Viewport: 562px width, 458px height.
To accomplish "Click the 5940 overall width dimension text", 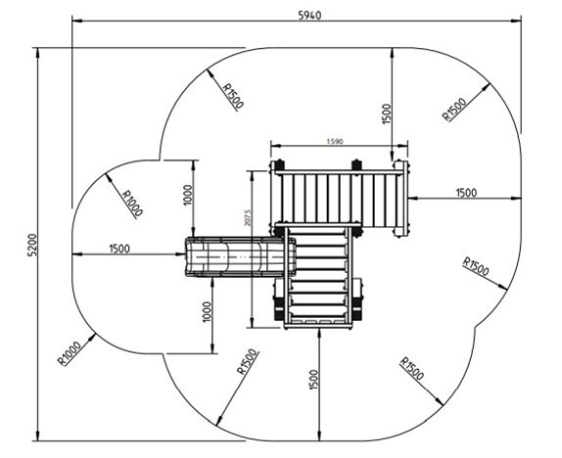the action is (309, 16).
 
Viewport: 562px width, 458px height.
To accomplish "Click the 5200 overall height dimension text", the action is (32, 245).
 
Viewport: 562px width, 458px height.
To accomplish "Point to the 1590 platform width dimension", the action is (335, 141).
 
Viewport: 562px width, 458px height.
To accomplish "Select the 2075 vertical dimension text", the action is (247, 217).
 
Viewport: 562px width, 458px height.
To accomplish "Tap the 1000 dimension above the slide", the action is (188, 195).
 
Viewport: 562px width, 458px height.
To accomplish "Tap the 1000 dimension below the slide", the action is (208, 312).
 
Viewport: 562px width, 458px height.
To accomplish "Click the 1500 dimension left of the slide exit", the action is (119, 248).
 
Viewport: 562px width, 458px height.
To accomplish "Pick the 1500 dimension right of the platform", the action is (466, 193).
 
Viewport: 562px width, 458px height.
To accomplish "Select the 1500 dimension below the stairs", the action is (313, 380).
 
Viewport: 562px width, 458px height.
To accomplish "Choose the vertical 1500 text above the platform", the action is (387, 114).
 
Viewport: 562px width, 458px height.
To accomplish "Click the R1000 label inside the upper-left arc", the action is (132, 204).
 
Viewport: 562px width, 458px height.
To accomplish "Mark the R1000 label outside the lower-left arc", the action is (70, 353).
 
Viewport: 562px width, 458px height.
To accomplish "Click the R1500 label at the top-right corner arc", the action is (455, 110).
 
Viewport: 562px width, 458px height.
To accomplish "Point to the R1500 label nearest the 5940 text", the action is (233, 96).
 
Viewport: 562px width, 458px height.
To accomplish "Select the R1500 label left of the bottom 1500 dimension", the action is (248, 361).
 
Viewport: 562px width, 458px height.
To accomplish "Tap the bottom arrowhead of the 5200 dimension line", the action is (37, 435).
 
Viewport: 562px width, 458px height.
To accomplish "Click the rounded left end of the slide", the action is (187, 256).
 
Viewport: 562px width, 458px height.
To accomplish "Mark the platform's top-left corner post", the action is (277, 166).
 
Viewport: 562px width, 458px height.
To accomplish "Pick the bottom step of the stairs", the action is (318, 321).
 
